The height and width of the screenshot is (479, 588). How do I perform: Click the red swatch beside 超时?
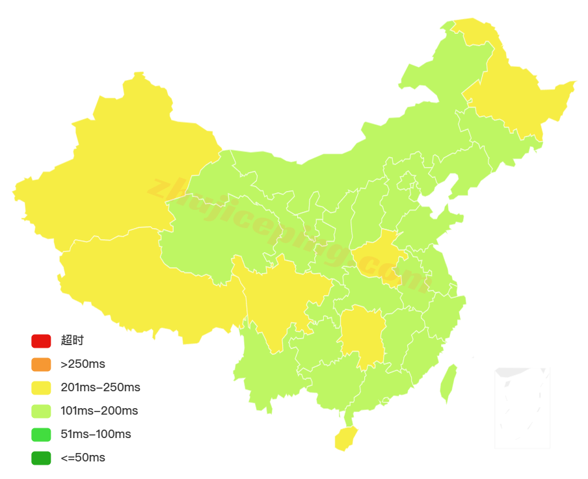click(x=40, y=341)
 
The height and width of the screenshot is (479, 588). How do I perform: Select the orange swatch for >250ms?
click(x=40, y=364)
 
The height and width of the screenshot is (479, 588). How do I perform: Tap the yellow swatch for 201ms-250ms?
click(x=40, y=387)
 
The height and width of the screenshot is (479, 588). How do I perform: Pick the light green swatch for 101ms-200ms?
click(x=40, y=411)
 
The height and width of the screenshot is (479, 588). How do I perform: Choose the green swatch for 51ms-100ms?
click(x=40, y=434)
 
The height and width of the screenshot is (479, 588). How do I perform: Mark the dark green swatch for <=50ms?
click(x=40, y=458)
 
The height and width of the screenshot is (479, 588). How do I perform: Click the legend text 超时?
click(x=72, y=341)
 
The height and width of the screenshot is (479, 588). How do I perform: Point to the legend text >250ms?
click(x=83, y=364)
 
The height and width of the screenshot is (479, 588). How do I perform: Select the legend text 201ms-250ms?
click(x=100, y=387)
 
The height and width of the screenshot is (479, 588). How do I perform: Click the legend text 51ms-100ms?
click(x=96, y=434)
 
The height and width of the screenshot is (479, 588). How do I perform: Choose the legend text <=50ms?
click(x=83, y=458)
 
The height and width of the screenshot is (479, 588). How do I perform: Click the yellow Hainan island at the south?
click(x=345, y=439)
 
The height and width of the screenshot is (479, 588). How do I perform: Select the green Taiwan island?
click(x=448, y=383)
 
